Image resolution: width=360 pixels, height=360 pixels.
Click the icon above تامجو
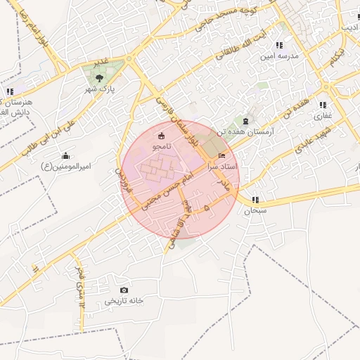point(161,136)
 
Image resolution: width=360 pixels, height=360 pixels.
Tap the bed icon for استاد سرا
point(223,155)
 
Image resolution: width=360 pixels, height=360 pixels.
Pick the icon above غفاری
point(323,105)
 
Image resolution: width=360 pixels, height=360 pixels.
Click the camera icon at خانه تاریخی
point(124,290)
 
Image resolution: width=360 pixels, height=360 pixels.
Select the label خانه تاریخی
point(124,300)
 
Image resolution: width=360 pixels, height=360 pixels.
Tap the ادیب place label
point(349,27)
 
